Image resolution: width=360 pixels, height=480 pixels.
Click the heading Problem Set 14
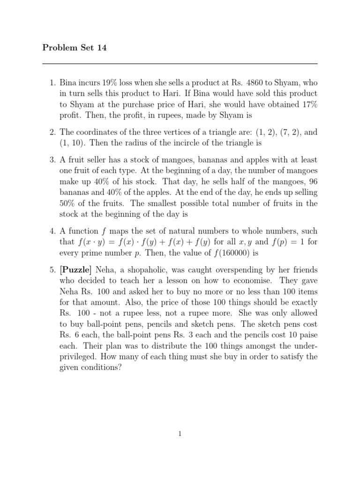tap(75, 48)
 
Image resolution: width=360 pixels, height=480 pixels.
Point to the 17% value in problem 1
tap(308, 105)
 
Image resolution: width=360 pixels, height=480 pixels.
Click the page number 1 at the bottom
tap(180, 434)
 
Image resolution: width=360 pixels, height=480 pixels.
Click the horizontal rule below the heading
tap(180, 64)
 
